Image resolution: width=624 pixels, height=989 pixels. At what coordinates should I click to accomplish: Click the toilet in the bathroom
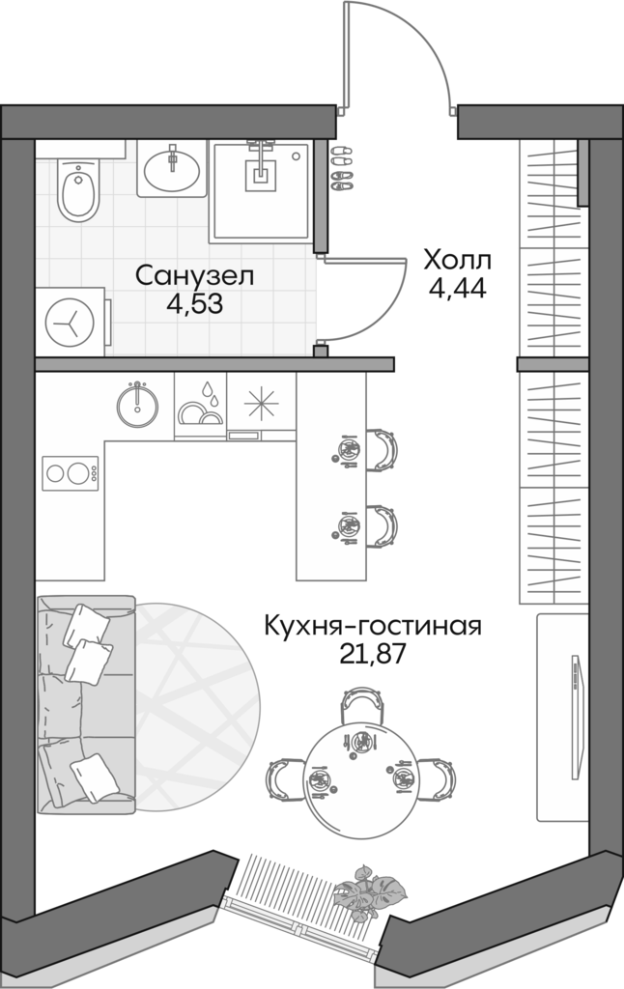[x=73, y=189]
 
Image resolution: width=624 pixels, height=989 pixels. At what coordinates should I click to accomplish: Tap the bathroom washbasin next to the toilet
[x=172, y=170]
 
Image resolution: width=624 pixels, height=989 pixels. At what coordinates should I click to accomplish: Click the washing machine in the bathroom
[x=71, y=320]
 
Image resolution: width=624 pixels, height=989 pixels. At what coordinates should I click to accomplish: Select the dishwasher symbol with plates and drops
[x=201, y=407]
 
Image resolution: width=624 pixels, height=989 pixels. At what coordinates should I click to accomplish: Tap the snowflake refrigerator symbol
[x=261, y=405]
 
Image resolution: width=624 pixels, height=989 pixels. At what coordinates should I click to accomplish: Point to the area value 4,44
[x=458, y=288]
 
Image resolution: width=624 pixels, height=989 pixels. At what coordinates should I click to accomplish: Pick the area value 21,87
[x=372, y=654]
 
